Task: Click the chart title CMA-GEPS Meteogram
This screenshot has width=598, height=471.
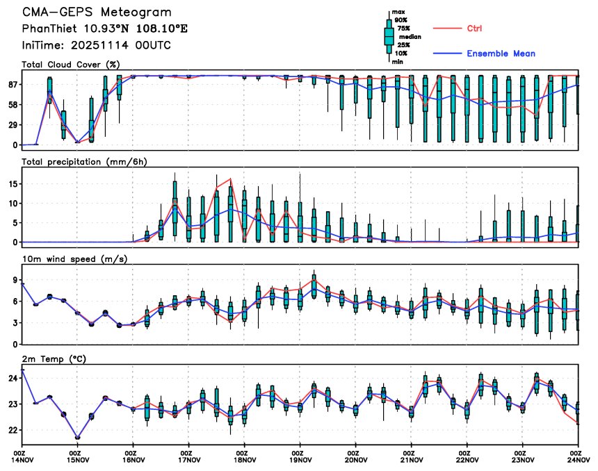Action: (97, 13)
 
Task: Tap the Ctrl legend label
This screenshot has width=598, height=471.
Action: (475, 28)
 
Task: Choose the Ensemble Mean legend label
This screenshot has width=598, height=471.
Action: (501, 53)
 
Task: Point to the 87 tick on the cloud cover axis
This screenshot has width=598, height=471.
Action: (13, 85)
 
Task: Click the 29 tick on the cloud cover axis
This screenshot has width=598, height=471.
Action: (13, 125)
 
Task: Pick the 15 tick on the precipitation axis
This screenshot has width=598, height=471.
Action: (13, 184)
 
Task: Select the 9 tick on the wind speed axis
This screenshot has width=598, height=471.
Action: (15, 280)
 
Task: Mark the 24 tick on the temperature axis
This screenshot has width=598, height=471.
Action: (13, 379)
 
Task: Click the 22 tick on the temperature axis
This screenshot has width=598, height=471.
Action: (13, 431)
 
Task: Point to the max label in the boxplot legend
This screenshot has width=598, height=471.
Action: (398, 13)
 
